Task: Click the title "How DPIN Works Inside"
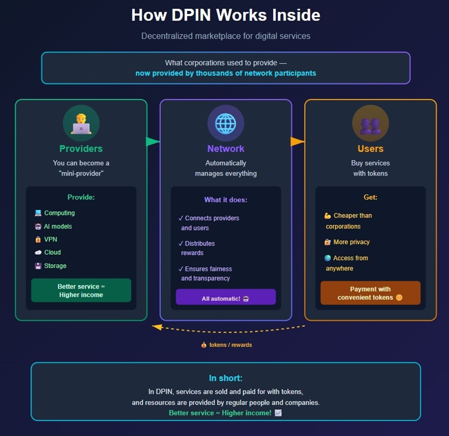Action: tap(226, 15)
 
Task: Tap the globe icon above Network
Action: tap(226, 123)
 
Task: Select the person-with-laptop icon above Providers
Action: tap(81, 123)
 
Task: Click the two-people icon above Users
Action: tap(370, 123)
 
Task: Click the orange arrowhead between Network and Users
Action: tap(297, 142)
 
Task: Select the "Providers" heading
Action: tap(81, 148)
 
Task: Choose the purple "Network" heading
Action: tap(226, 148)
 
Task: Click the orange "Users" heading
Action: tap(370, 148)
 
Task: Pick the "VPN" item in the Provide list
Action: tap(50, 239)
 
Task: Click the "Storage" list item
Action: tap(55, 266)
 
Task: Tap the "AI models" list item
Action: tap(58, 226)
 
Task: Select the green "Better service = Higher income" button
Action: tap(81, 290)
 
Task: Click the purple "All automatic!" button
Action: tap(226, 298)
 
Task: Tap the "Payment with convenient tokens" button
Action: tap(370, 293)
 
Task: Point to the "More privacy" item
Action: tap(351, 242)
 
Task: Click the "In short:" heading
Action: tap(226, 378)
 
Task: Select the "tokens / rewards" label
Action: tap(230, 345)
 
